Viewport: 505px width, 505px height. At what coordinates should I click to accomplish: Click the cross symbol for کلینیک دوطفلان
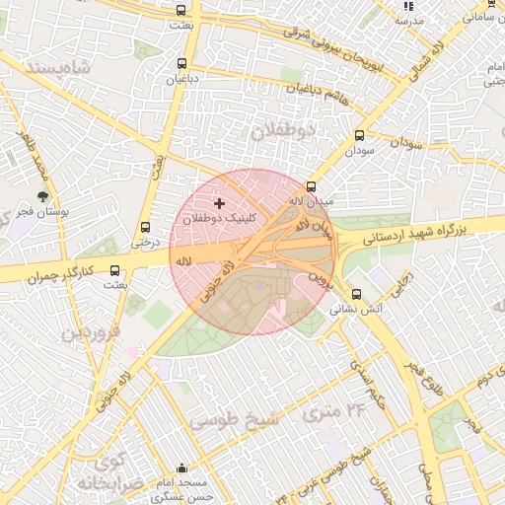[x=218, y=203]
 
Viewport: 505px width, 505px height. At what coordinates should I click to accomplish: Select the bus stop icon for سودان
[x=359, y=137]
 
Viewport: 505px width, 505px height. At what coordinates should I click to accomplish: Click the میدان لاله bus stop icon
[x=312, y=186]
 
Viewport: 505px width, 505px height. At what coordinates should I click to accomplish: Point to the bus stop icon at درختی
[x=146, y=226]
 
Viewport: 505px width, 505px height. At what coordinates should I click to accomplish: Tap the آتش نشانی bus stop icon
[x=357, y=293]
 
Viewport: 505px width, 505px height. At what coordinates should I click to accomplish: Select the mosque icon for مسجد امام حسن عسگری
[x=180, y=469]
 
